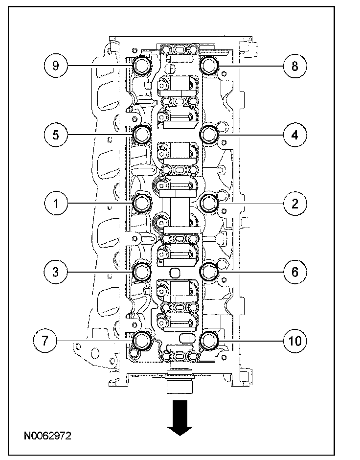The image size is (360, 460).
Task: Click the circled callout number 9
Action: pyautogui.click(x=56, y=66)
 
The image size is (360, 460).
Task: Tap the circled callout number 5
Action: pyautogui.click(x=56, y=135)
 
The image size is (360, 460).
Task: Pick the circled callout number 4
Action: pyautogui.click(x=295, y=135)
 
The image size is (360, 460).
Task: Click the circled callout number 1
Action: pyautogui.click(x=56, y=203)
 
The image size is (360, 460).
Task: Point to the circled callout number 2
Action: pyautogui.click(x=295, y=204)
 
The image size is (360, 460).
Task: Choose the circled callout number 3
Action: pyautogui.click(x=56, y=272)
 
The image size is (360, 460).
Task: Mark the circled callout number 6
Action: pyautogui.click(x=295, y=272)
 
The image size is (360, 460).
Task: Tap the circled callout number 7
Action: pyautogui.click(x=45, y=341)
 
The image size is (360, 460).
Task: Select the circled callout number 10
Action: pyautogui.click(x=295, y=341)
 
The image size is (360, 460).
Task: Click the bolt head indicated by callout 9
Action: pyautogui.click(x=142, y=66)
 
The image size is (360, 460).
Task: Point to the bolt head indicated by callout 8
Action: pyautogui.click(x=209, y=66)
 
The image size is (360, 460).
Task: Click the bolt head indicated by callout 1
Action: pyautogui.click(x=142, y=203)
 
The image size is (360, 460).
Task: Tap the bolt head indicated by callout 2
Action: pyautogui.click(x=209, y=203)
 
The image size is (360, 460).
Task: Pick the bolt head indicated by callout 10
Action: pyautogui.click(x=209, y=341)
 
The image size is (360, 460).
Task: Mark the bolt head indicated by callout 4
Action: pyautogui.click(x=209, y=135)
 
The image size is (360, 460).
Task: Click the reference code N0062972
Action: pyautogui.click(x=47, y=436)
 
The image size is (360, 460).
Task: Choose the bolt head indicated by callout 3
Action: pyautogui.click(x=142, y=272)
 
